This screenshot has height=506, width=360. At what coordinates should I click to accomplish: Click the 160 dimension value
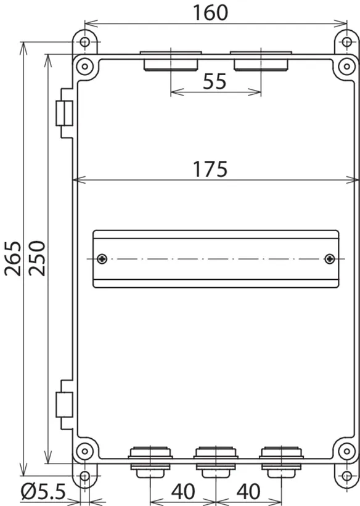[x=210, y=12]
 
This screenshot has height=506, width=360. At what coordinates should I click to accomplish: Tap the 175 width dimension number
[x=210, y=169]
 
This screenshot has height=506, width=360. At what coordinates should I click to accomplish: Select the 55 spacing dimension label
[x=215, y=81]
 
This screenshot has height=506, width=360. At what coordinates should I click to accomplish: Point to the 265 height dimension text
[x=13, y=258]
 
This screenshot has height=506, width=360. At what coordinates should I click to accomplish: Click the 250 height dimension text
[x=37, y=258]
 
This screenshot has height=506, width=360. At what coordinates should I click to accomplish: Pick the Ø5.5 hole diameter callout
[x=43, y=491]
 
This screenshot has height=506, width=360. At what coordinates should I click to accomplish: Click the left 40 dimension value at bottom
[x=183, y=491]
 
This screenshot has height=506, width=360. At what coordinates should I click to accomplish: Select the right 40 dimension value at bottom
[x=248, y=491]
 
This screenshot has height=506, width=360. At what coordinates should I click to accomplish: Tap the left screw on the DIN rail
[x=102, y=258]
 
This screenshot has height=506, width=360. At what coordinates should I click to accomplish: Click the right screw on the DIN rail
[x=330, y=258]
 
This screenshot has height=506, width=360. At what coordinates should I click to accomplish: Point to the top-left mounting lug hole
[x=84, y=42]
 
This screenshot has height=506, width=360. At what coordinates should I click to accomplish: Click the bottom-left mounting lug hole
[x=84, y=476]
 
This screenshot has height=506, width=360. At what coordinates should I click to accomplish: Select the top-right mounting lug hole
[x=347, y=42]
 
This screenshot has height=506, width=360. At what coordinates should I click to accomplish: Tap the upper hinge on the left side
[x=65, y=113]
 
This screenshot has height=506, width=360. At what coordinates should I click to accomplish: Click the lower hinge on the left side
[x=65, y=405]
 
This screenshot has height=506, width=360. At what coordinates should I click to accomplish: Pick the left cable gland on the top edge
[x=171, y=60]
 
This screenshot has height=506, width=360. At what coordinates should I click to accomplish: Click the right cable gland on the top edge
[x=261, y=60]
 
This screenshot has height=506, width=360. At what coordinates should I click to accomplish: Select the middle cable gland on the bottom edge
[x=216, y=462]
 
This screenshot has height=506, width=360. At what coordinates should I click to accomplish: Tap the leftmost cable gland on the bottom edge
[x=150, y=462]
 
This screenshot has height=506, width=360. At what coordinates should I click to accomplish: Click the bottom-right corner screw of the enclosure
[x=347, y=451]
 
